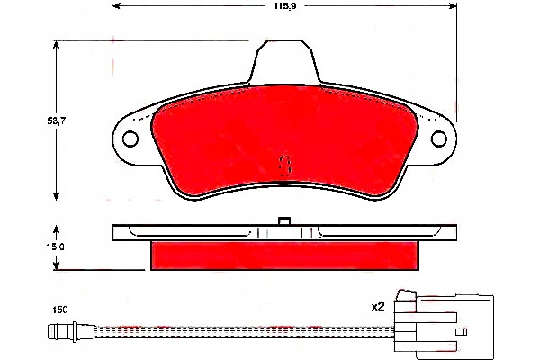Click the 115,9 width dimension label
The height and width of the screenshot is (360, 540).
(x=284, y=6)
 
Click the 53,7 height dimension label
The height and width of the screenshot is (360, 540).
(x=57, y=121)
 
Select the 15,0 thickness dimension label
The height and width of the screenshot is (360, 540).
(x=56, y=247)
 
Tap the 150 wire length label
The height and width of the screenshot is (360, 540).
(x=60, y=310)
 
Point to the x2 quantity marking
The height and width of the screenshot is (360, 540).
(x=378, y=306)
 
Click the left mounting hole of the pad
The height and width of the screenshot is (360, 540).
(x=130, y=139)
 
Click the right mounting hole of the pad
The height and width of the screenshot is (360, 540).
(x=439, y=139)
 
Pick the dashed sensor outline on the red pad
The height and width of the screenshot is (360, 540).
(x=284, y=166)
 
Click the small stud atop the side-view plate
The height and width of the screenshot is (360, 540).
(x=284, y=220)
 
